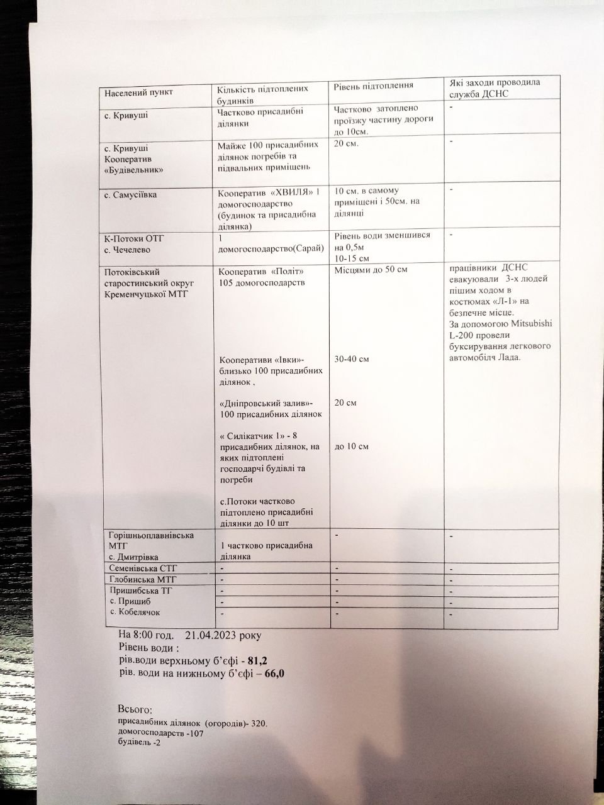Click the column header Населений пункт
[138, 92]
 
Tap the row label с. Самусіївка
[131, 195]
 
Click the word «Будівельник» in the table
[134, 170]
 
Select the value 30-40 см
[352, 359]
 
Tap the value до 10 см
[352, 446]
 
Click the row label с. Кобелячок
[135, 611]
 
